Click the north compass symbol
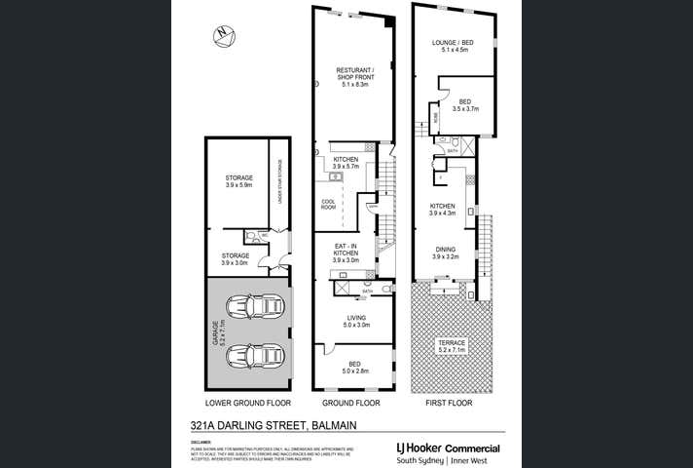(223, 36)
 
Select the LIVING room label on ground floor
(355, 321)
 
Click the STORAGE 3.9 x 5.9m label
(239, 180)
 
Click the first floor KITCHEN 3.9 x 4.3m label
(444, 210)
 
